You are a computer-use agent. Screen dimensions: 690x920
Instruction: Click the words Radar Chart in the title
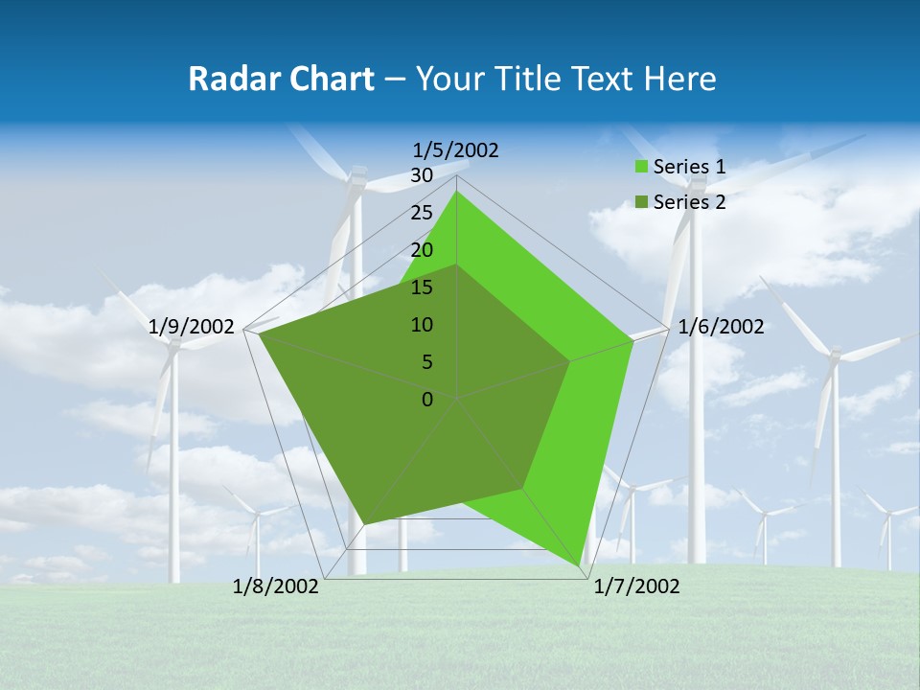pyautogui.click(x=281, y=79)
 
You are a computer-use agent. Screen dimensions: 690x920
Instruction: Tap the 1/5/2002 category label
pyautogui.click(x=456, y=149)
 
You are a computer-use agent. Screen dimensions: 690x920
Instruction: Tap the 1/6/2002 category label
pyautogui.click(x=721, y=327)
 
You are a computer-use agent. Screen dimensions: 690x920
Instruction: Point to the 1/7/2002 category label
pyautogui.click(x=636, y=586)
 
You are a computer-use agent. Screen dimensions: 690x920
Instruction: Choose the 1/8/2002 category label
pyautogui.click(x=276, y=586)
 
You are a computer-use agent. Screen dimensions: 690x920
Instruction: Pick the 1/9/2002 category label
pyautogui.click(x=192, y=327)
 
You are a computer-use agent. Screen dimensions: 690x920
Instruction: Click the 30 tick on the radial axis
pyautogui.click(x=422, y=175)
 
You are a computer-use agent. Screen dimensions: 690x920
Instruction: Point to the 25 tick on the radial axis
pyautogui.click(x=422, y=213)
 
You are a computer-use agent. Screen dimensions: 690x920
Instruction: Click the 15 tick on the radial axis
pyautogui.click(x=422, y=287)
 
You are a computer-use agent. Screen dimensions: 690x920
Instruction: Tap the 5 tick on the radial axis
pyautogui.click(x=426, y=362)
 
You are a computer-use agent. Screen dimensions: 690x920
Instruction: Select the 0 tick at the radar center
pyautogui.click(x=427, y=400)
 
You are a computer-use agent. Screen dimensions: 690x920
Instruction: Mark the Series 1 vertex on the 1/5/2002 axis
pyautogui.click(x=457, y=192)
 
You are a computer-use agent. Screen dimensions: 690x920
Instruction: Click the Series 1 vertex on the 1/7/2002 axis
pyautogui.click(x=582, y=569)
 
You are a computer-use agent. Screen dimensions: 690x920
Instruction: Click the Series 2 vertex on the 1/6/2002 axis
pyautogui.click(x=569, y=361)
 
